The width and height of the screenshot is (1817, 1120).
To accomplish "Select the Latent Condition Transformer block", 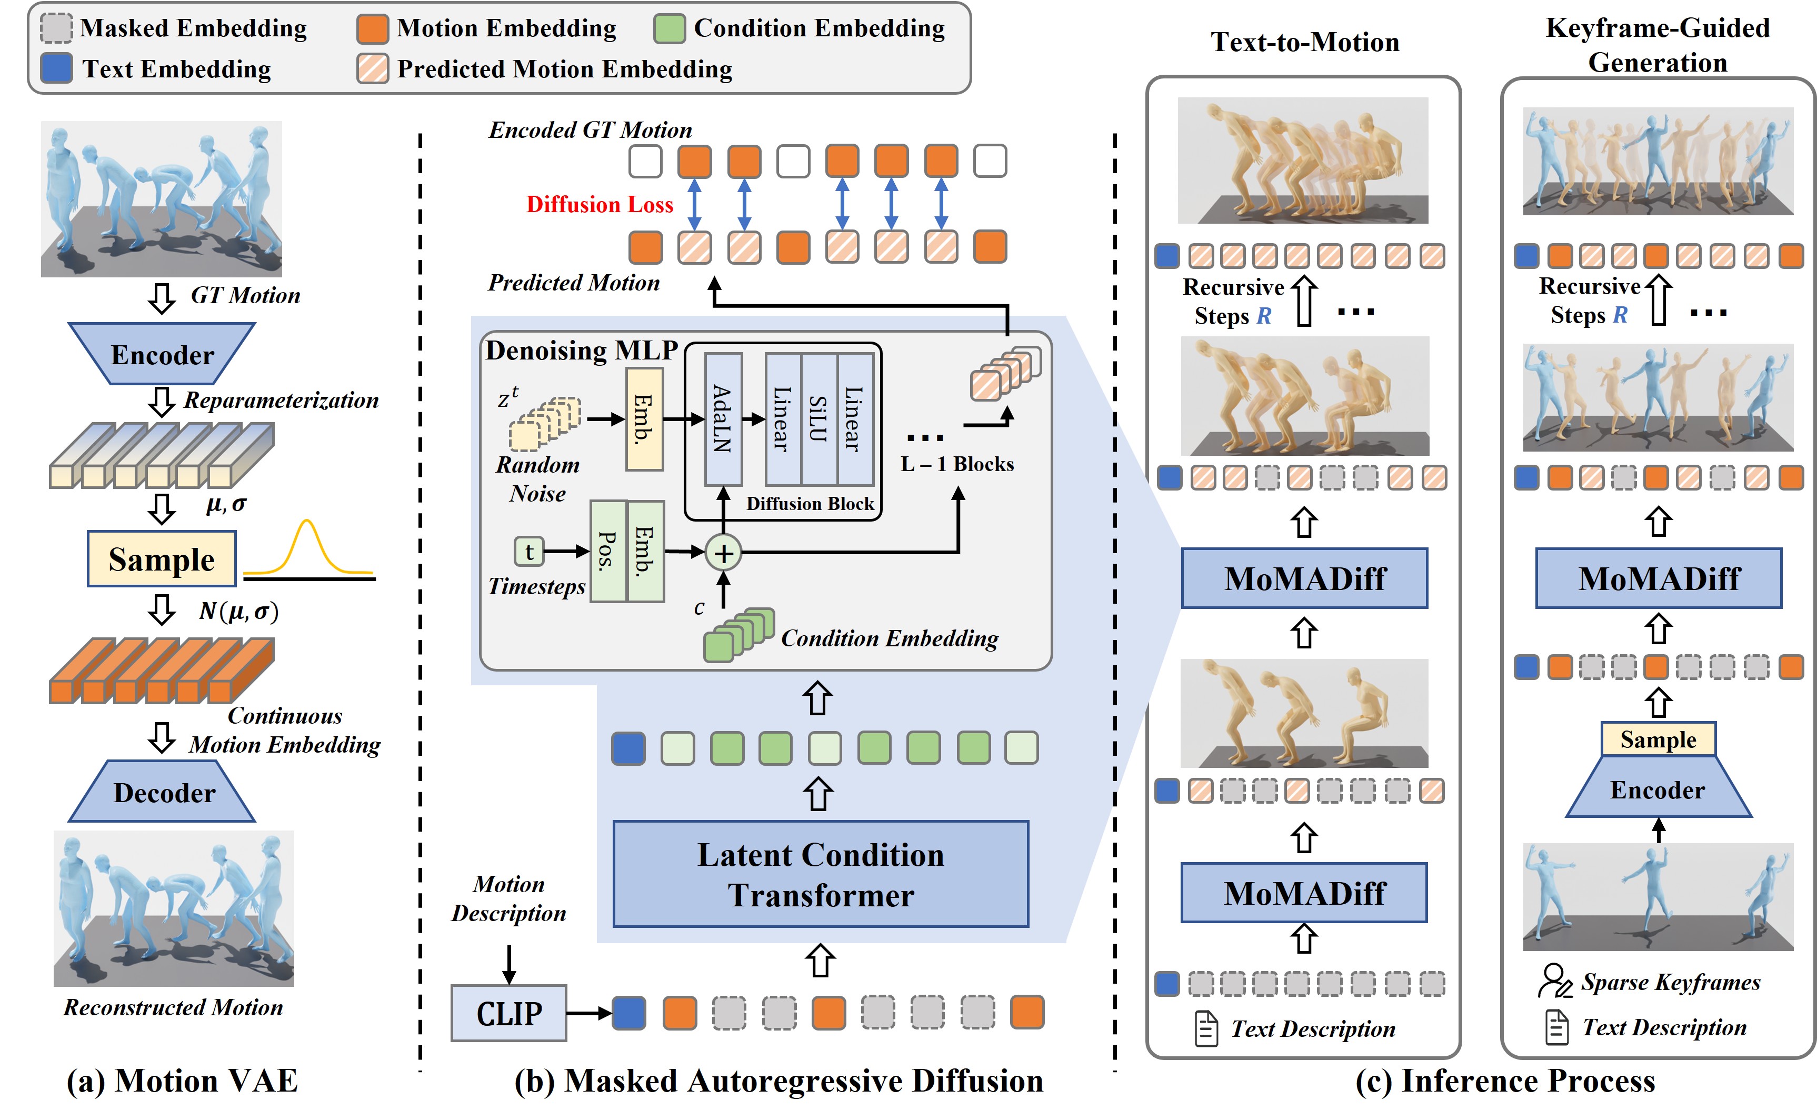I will (x=820, y=874).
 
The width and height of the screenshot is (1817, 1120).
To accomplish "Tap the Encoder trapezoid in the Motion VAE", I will (x=162, y=354).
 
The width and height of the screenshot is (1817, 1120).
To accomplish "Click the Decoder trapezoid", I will (x=163, y=792).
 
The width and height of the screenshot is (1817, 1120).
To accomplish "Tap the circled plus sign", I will (x=723, y=553).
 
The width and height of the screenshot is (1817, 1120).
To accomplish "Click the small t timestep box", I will (x=529, y=551).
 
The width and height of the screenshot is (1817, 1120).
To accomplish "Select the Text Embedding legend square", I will (x=56, y=68).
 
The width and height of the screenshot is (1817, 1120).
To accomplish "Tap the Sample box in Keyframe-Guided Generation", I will (x=1658, y=739).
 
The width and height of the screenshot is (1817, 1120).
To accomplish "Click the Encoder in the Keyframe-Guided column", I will (x=1658, y=789).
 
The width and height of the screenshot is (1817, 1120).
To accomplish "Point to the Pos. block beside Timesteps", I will (x=607, y=551).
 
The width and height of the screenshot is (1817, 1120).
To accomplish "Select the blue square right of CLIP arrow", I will (x=628, y=1013).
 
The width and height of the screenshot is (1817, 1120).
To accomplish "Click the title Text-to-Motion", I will (x=1304, y=42).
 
